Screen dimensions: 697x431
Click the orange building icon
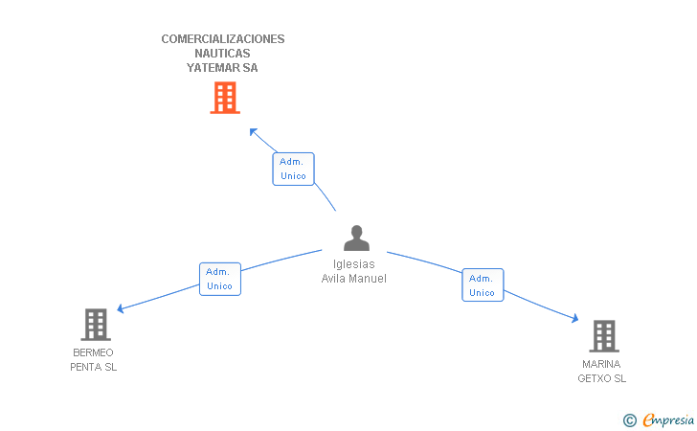225,98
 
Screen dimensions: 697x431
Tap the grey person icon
356,238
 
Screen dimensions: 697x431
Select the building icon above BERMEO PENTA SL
96,325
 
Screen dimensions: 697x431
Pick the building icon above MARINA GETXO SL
604,336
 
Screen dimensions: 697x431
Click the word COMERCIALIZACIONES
223,39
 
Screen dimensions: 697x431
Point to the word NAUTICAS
222,54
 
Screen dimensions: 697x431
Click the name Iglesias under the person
354,264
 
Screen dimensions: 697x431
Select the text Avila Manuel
354,279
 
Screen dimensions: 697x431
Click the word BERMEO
94,352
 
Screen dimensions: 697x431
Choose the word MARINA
601,364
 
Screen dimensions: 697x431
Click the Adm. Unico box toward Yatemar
293,169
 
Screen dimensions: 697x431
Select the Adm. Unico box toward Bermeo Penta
220,279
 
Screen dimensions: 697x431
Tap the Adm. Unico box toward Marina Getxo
483,284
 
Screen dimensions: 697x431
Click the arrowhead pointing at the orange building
253,131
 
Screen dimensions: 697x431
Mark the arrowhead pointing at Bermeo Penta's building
120,308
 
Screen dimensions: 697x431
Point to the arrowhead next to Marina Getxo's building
575,318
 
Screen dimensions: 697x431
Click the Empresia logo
659,420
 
